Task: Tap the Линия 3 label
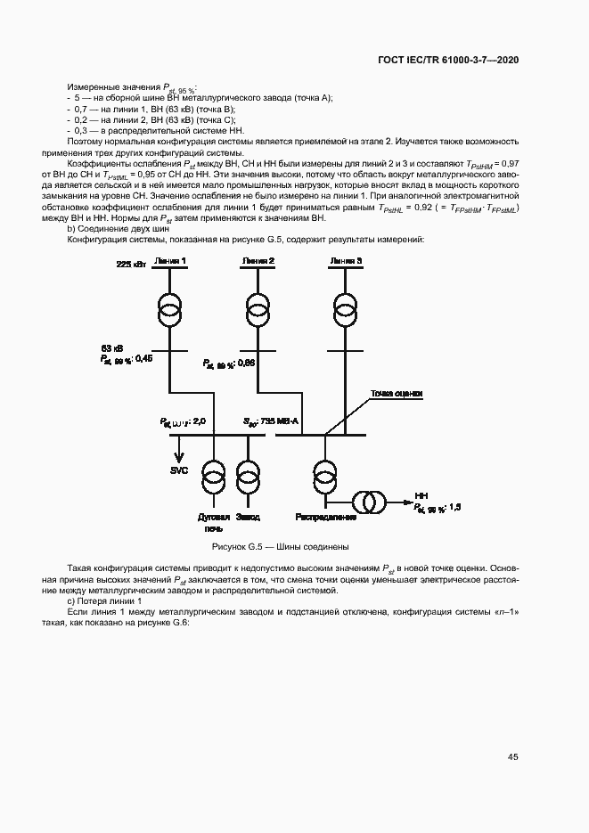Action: (x=346, y=260)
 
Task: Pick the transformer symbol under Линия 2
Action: (x=256, y=312)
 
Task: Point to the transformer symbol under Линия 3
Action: (x=346, y=312)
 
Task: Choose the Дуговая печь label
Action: (x=214, y=522)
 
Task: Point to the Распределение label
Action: (x=325, y=517)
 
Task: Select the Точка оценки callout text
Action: (x=397, y=393)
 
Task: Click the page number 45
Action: (x=512, y=757)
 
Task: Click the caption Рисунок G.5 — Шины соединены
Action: (x=279, y=545)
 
